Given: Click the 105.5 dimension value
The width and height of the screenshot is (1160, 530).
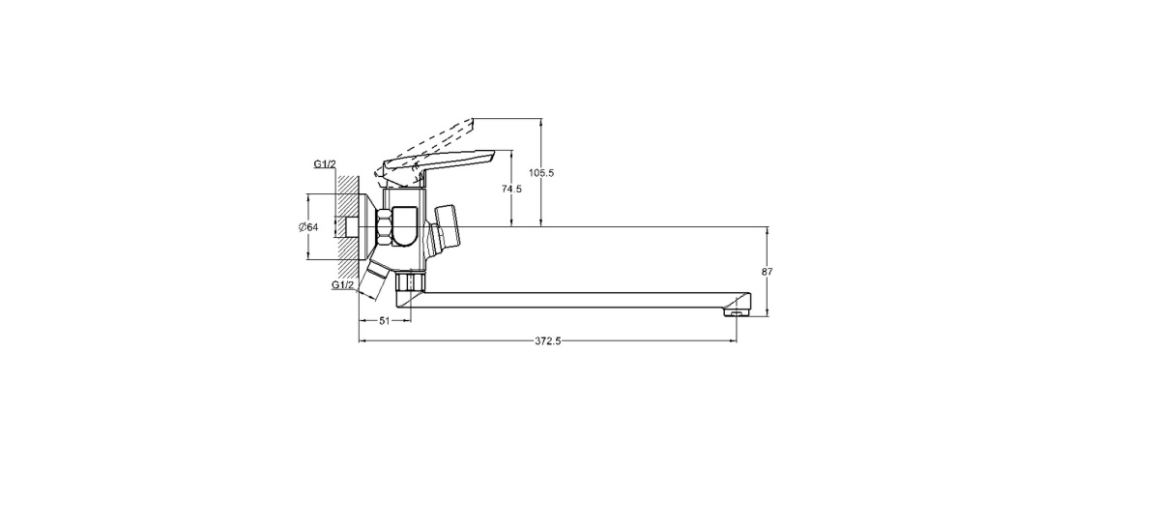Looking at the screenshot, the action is pyautogui.click(x=541, y=173).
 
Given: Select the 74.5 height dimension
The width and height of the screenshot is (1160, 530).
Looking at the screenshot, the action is pyautogui.click(x=511, y=190).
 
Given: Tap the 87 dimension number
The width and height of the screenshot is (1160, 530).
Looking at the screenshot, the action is pyautogui.click(x=768, y=272).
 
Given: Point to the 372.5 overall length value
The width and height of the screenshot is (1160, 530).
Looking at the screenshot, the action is pyautogui.click(x=548, y=340).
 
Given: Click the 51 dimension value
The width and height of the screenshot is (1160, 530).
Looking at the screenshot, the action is pyautogui.click(x=385, y=321).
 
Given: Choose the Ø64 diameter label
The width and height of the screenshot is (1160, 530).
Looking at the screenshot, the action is pyautogui.click(x=308, y=227).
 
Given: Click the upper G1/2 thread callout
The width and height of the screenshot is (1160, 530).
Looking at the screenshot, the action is pyautogui.click(x=325, y=164).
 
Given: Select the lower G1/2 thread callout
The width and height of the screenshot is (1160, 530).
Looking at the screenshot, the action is pyautogui.click(x=343, y=285).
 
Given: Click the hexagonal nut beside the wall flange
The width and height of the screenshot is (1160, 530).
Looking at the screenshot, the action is pyautogui.click(x=385, y=227).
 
